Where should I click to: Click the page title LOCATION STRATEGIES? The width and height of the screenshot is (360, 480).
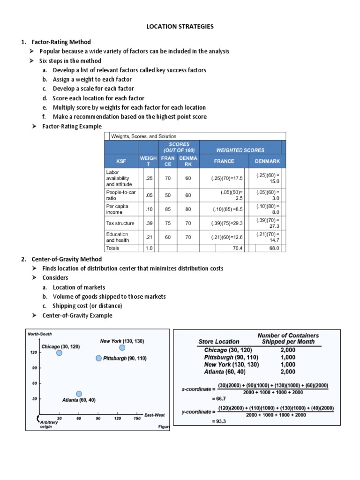[180, 27]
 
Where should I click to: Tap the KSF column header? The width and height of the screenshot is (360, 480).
[121, 161]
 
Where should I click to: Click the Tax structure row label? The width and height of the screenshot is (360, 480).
[120, 223]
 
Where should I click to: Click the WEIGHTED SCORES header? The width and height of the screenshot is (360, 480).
[240, 150]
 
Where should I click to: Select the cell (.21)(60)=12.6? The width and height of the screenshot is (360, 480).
[224, 237]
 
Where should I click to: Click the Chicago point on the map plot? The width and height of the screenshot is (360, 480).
[60, 353]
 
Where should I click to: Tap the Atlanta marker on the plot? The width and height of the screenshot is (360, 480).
[79, 394]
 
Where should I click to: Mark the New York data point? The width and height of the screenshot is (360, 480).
[122, 347]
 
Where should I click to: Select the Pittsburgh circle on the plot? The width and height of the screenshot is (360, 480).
[98, 358]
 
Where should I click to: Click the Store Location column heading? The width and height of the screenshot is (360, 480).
[219, 342]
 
